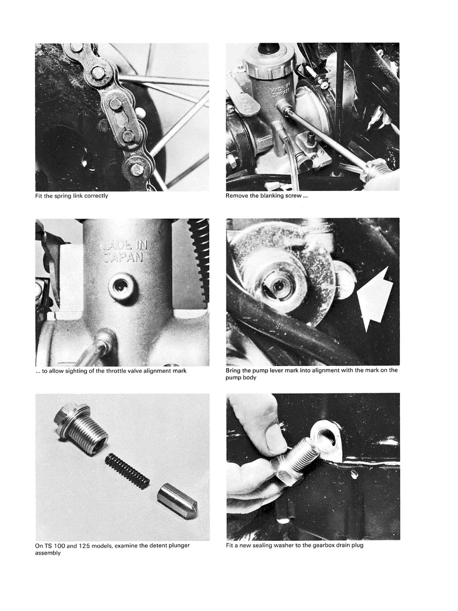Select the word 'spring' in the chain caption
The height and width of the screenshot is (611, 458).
(64, 196)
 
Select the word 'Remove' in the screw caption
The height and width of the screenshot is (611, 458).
(236, 196)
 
